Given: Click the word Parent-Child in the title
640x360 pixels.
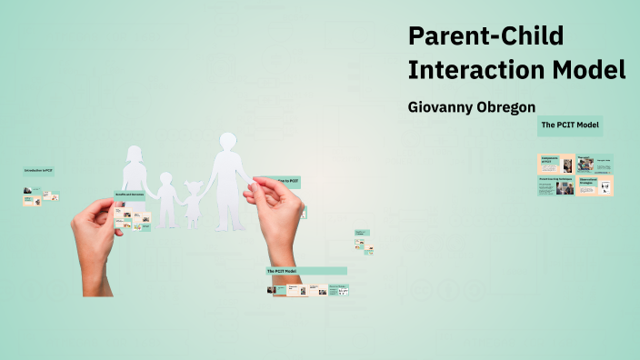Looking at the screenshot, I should [485, 36].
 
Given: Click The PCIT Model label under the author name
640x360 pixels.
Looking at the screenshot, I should [570, 125].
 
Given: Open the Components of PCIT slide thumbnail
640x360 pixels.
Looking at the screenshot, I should [555, 165].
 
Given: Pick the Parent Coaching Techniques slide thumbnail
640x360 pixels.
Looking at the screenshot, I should [555, 185].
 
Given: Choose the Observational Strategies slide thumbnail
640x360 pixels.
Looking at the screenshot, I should [595, 185].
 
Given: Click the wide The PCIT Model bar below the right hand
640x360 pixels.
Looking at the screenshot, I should [306, 271].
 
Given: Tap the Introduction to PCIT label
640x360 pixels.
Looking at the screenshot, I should [38, 171].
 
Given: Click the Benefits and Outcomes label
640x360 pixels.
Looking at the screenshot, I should [130, 195].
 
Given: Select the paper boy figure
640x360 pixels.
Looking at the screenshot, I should [165, 198].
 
